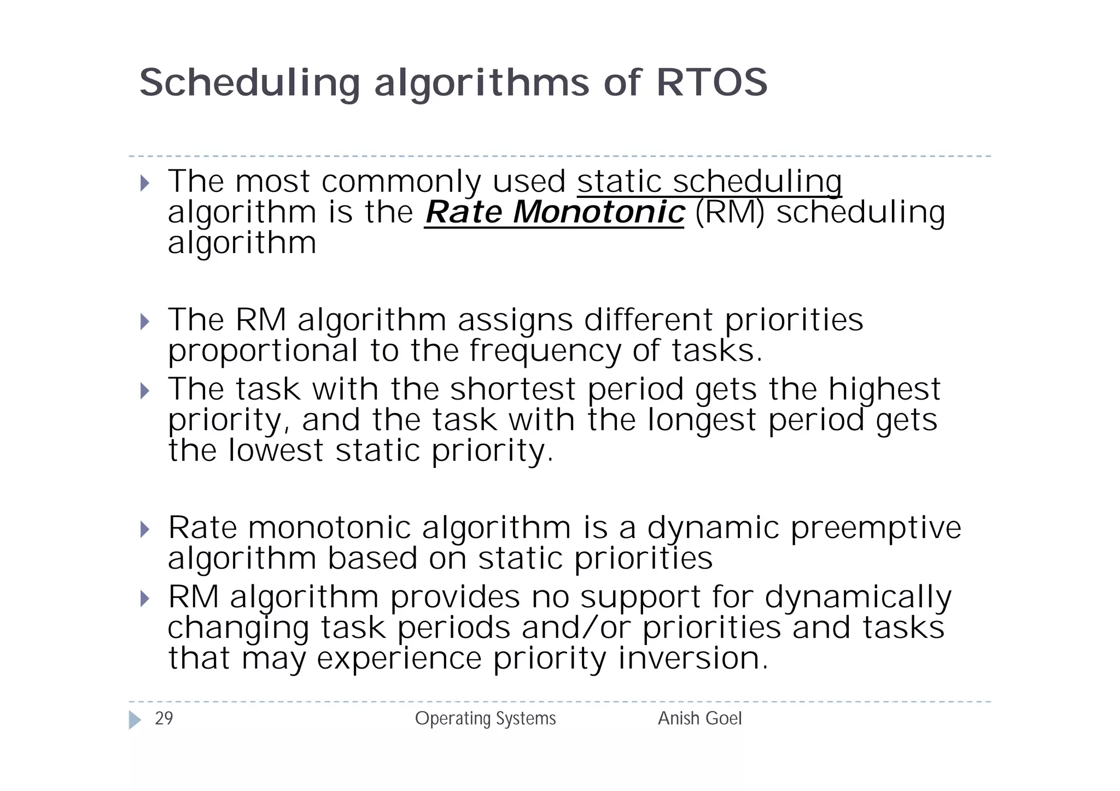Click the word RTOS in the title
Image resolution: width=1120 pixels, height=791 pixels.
[711, 83]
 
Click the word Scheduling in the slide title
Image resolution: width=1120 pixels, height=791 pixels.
[249, 83]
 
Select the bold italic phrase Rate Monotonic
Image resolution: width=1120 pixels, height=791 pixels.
[554, 212]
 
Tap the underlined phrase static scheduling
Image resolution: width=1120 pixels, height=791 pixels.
[709, 181]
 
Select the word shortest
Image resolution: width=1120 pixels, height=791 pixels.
[512, 389]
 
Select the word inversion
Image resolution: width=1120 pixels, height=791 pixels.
[693, 658]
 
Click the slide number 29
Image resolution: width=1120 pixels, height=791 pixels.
[164, 718]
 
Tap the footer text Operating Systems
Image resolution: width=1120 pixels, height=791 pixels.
[485, 718]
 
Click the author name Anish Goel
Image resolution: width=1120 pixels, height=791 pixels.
[699, 718]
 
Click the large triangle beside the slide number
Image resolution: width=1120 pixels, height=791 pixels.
[135, 720]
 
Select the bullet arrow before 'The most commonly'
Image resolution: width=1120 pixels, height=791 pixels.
[144, 183]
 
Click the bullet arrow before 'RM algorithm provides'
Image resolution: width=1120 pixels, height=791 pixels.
[144, 599]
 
